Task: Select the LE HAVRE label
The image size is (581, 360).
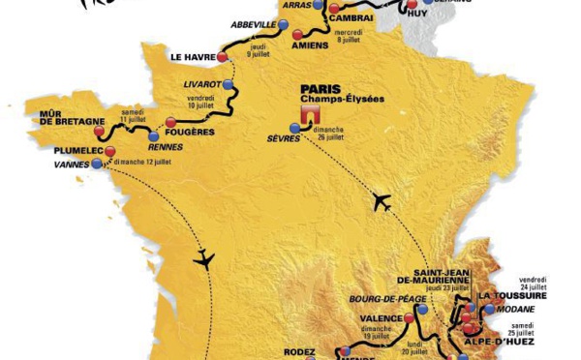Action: coord(193,57)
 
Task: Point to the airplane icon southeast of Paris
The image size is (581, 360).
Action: coord(381,202)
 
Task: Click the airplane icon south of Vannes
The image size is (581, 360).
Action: coord(203,258)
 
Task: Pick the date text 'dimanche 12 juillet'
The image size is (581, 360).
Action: coord(146,162)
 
